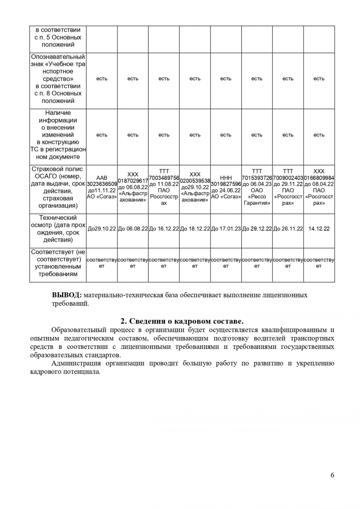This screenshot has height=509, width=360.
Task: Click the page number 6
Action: pos(332,475)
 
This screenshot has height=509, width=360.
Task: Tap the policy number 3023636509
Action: pos(102,184)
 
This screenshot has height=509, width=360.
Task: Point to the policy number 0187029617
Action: pos(133,181)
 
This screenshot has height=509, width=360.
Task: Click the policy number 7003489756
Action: pos(164,178)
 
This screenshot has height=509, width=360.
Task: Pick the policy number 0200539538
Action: pos(195,181)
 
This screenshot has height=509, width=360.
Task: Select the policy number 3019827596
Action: pos(226,184)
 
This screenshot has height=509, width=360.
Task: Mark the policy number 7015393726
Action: pos(257,178)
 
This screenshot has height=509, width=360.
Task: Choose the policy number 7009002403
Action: pos(288,178)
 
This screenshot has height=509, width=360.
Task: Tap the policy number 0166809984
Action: pos(319,178)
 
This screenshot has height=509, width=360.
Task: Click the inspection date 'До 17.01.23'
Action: pos(226,229)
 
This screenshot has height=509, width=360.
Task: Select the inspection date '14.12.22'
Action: pos(319,229)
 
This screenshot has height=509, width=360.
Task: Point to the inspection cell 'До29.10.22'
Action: pos(102,229)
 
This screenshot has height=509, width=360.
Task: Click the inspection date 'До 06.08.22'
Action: pos(133,229)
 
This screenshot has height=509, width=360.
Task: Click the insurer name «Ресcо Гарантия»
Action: pos(257,200)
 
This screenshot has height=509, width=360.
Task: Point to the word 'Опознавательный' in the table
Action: pos(58,57)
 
